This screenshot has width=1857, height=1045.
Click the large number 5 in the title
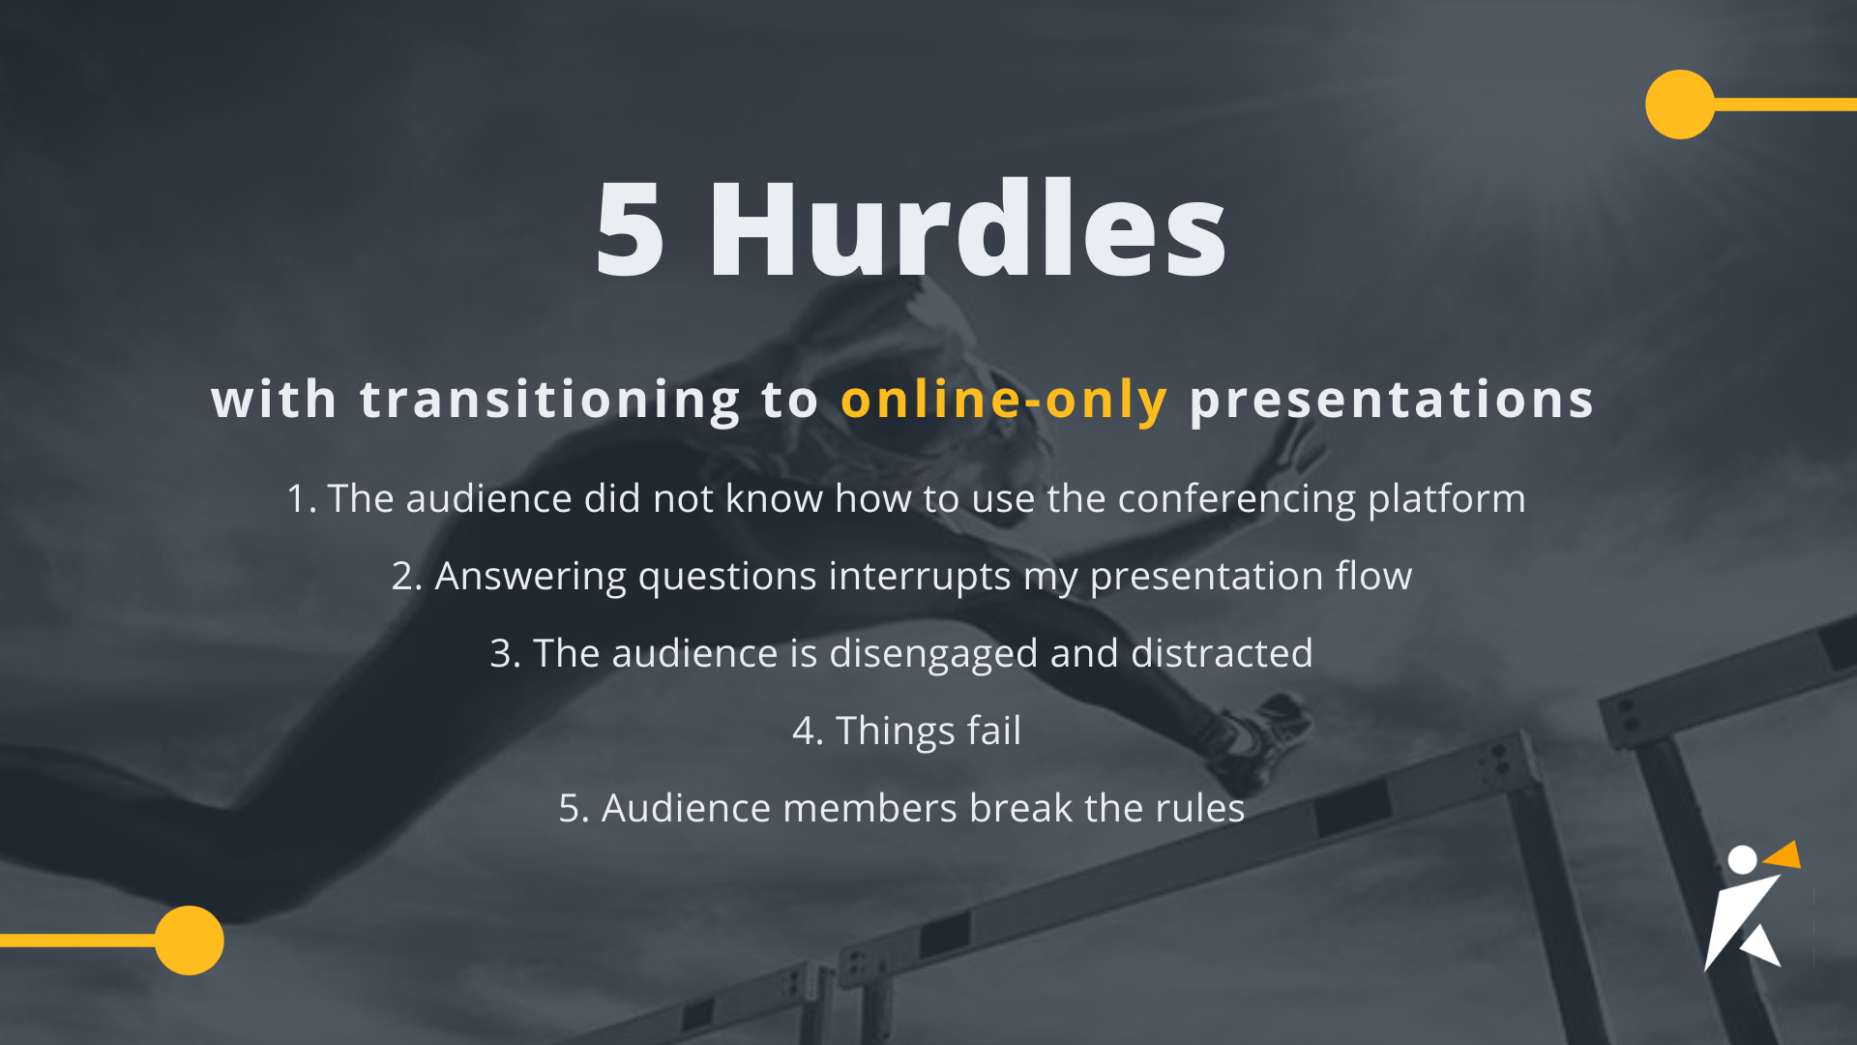[x=630, y=229]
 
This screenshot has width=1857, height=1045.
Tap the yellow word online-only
[x=1003, y=400]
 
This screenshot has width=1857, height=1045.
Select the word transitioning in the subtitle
[x=549, y=400]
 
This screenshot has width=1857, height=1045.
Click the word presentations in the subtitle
[x=1391, y=400]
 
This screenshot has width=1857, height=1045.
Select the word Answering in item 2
[x=530, y=577]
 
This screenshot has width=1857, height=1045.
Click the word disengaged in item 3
[x=933, y=654]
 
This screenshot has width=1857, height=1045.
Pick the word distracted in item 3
[x=1222, y=654]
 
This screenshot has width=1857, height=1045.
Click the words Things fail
[x=928, y=731]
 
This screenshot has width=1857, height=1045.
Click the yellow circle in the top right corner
[x=1680, y=104]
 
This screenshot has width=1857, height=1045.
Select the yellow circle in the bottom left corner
[x=190, y=940]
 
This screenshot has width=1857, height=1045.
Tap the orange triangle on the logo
[x=1784, y=855]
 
